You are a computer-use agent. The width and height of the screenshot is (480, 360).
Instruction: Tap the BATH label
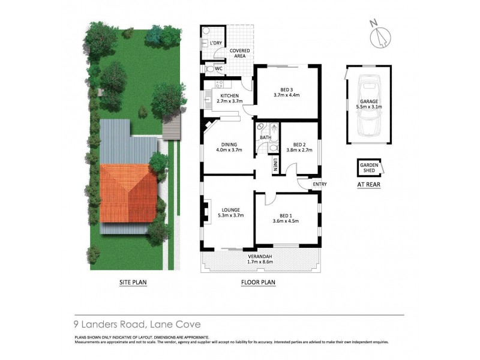[265, 138]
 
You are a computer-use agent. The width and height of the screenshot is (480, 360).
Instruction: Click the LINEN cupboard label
[275, 164]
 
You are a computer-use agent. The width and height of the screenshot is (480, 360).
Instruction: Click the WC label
[219, 69]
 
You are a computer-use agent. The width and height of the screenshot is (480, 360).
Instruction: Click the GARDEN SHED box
[368, 168]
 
